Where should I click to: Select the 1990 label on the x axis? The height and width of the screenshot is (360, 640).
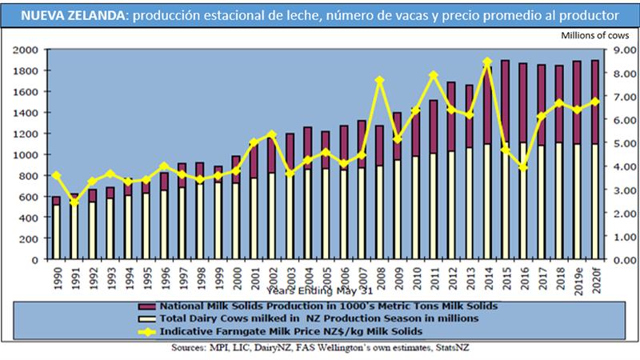(x=56, y=278)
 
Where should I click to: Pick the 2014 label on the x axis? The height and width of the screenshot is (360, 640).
(x=487, y=278)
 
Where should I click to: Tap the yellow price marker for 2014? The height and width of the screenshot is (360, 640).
(x=487, y=62)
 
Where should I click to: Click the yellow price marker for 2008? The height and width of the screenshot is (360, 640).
(x=380, y=80)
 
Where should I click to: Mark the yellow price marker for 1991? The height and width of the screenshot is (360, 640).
(x=74, y=202)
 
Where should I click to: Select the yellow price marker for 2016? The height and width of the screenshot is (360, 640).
(x=523, y=167)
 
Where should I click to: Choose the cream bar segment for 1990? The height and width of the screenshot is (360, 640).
(x=56, y=232)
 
